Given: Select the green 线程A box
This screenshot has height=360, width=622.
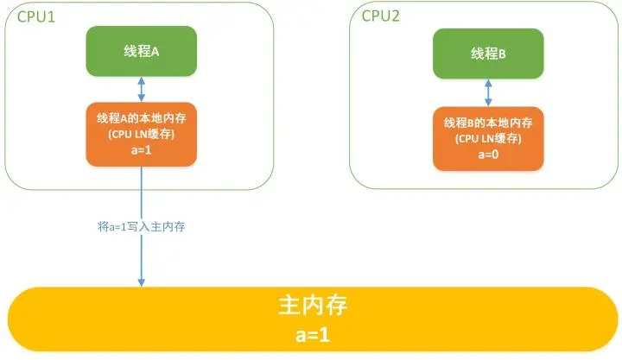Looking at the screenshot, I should pos(141,50).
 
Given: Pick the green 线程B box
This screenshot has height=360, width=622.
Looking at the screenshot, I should pos(488,53).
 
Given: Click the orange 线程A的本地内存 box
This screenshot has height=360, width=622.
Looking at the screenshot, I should pos(141,134).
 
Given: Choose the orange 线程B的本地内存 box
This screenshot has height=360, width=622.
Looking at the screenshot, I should pos(488,138).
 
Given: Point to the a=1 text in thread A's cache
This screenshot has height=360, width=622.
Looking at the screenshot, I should pos(141,148).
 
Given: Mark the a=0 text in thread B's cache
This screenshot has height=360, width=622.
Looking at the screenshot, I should pos(488,153).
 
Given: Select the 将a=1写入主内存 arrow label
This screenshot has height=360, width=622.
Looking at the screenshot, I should pos(142,228).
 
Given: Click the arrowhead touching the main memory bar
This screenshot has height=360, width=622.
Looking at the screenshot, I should pos(141,281).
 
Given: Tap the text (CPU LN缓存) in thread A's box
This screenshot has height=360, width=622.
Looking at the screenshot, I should pos(141,134).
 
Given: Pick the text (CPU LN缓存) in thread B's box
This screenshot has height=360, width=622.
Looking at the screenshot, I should pos(488,138).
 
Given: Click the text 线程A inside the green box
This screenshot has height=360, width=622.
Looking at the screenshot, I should pos(141,50).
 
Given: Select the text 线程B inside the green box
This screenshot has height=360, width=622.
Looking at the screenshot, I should pos(488,53).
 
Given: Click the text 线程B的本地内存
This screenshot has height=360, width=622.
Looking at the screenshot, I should pos(488,123).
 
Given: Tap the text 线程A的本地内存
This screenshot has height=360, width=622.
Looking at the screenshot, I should pos(141,119).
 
